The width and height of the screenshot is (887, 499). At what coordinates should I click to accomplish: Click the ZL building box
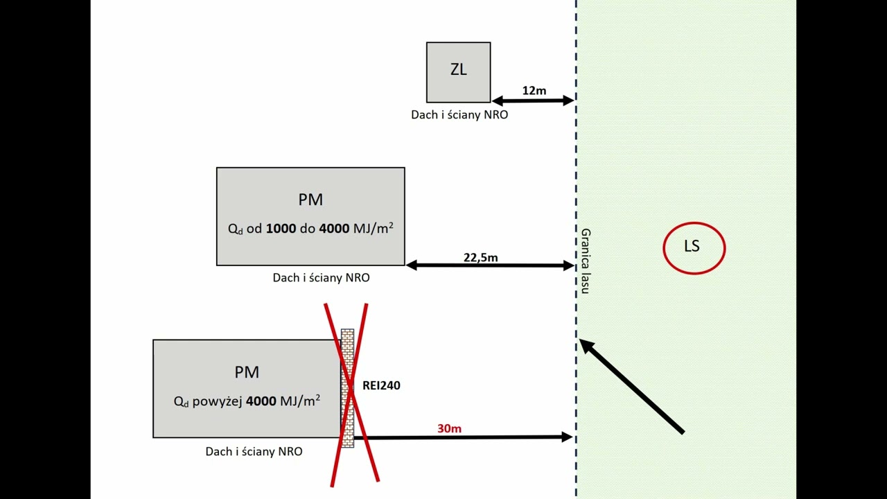click(458, 72)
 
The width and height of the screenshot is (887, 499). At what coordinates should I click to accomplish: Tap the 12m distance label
click(534, 91)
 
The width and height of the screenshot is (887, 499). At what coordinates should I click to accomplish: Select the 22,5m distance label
click(481, 258)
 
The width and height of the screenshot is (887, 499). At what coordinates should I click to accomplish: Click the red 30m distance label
click(449, 429)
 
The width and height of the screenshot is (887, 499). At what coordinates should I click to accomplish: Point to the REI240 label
click(381, 385)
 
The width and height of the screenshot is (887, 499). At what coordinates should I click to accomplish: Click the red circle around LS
click(694, 223)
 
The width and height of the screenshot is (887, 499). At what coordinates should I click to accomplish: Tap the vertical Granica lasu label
click(586, 261)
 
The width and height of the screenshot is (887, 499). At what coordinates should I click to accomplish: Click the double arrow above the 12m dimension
click(532, 101)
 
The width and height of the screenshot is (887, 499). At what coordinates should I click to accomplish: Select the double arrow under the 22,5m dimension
click(490, 265)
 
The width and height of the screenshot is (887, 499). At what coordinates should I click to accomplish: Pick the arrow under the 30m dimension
click(464, 437)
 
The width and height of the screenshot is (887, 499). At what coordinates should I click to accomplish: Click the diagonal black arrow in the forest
click(632, 387)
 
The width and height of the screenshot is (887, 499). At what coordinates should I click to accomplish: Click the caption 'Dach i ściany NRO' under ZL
click(459, 115)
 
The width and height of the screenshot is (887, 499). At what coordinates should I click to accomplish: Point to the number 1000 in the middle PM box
click(281, 228)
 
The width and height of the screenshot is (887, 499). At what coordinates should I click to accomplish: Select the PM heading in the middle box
click(310, 200)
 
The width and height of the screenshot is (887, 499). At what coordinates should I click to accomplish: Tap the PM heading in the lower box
click(247, 372)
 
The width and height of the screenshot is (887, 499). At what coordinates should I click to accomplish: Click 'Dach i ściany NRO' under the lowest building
click(254, 451)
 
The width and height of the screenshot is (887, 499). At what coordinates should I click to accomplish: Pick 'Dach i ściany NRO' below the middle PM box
click(321, 278)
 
